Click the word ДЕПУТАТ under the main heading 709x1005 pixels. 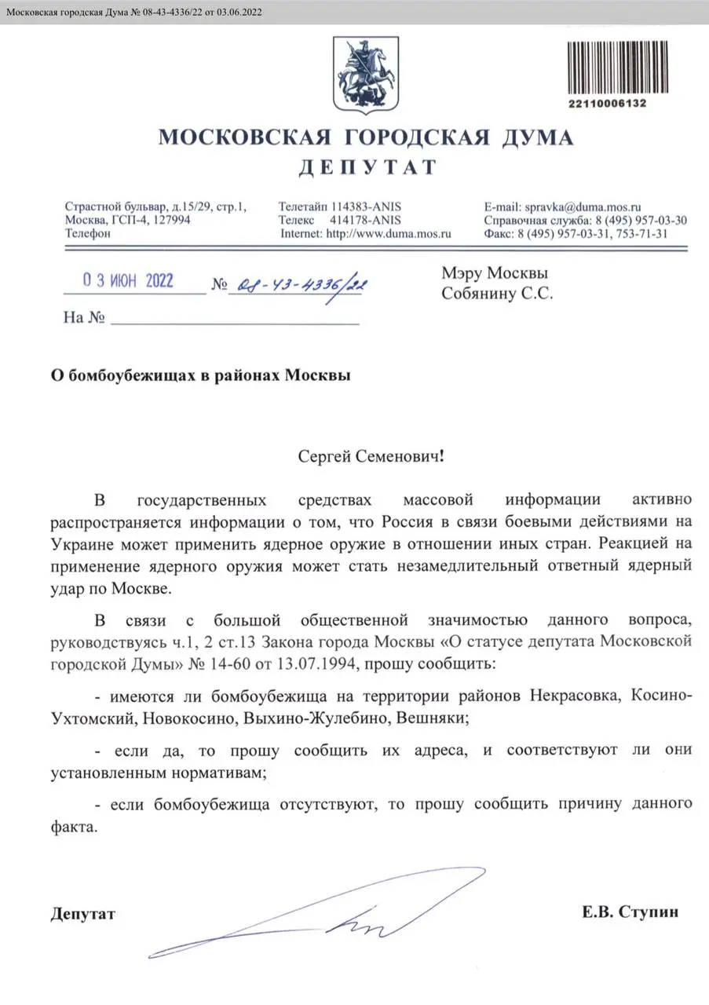367,166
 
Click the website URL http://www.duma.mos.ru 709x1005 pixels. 388,233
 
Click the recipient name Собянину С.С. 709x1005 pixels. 497,294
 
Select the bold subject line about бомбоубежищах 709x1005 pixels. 201,375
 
